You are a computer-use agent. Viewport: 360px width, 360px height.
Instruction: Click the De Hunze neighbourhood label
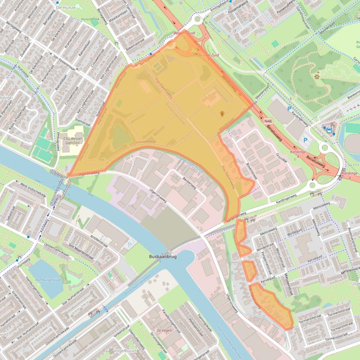[x=65, y=7]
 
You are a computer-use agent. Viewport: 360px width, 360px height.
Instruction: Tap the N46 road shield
[x=268, y=121]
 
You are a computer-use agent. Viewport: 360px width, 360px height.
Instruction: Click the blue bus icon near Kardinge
[x=329, y=130]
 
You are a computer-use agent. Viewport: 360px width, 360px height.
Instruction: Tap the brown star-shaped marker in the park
[x=317, y=76]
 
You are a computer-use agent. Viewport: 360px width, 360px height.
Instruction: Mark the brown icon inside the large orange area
[x=222, y=113]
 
